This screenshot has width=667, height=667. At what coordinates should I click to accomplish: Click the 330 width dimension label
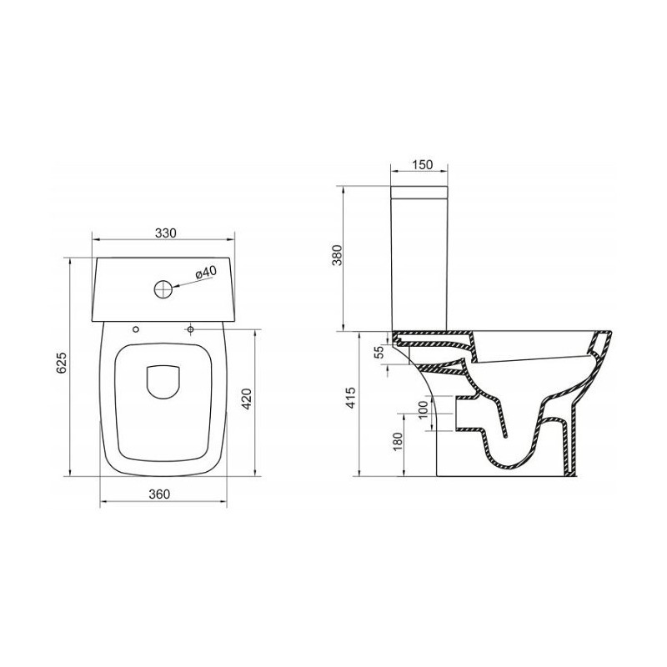pos(165,233)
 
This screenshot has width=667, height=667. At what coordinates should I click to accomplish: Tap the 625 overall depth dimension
pos(62,363)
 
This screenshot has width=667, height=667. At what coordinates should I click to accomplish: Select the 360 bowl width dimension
pos(159,494)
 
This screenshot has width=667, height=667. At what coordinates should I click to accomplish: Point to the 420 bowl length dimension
pos(247,399)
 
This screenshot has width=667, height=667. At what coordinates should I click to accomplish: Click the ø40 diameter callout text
pos(206,273)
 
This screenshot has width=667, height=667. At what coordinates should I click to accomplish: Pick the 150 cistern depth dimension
pos(423,164)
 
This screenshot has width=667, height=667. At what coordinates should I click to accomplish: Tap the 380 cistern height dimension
pos(337,255)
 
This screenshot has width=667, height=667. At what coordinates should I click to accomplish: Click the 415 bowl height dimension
pos(350,398)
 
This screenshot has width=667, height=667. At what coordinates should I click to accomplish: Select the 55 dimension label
pos(379,351)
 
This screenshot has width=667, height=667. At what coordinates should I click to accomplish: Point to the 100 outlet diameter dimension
pos(423,410)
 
